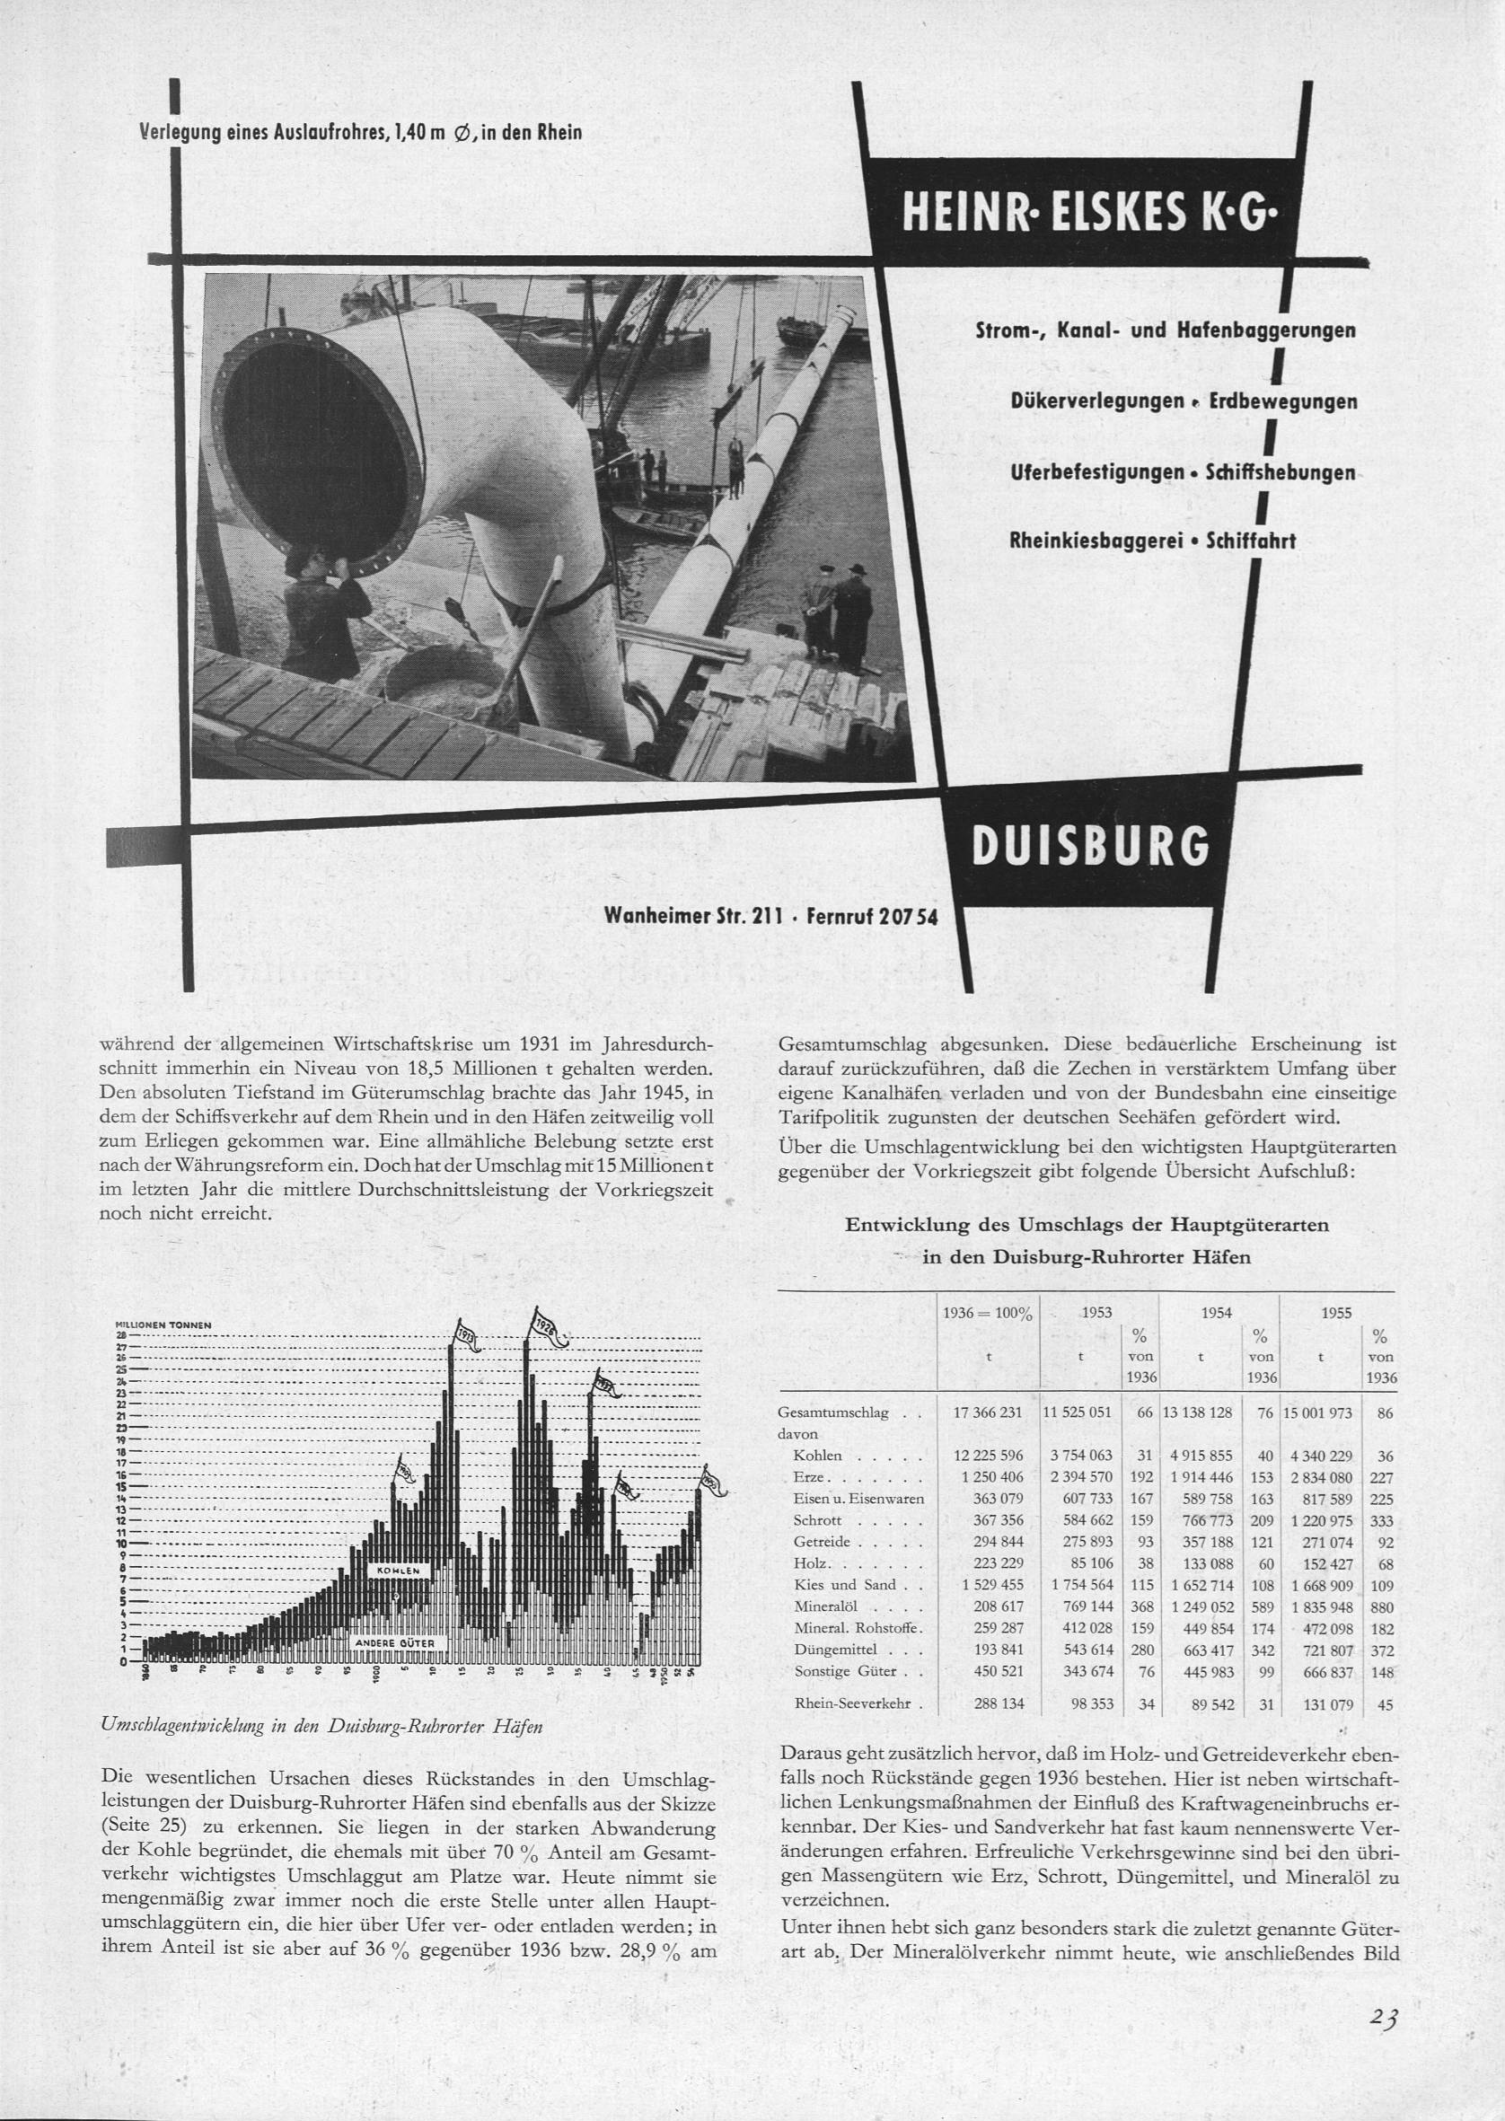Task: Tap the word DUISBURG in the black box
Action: click(x=1090, y=845)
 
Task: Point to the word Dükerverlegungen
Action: click(x=1098, y=402)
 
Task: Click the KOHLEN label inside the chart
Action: click(x=398, y=1571)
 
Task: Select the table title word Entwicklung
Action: click(x=907, y=1225)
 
